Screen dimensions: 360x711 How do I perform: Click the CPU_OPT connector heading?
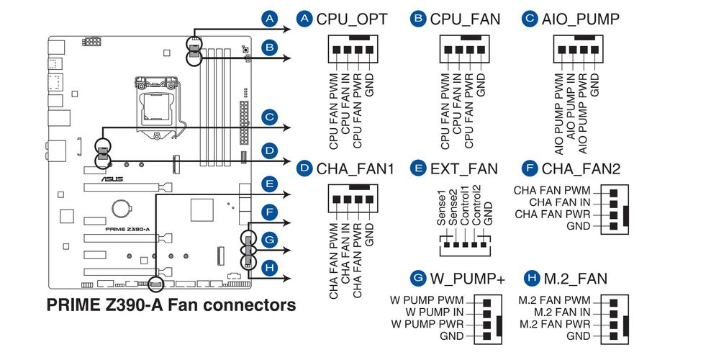pyautogui.click(x=351, y=19)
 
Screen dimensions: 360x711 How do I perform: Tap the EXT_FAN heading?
pyautogui.click(x=463, y=169)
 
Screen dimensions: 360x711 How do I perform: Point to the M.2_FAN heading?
pyautogui.click(x=575, y=279)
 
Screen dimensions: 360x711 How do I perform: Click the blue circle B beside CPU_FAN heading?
pyautogui.click(x=417, y=19)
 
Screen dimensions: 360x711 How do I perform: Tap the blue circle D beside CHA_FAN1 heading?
pyautogui.click(x=304, y=169)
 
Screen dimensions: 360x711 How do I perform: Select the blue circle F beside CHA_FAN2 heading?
pyautogui.click(x=530, y=169)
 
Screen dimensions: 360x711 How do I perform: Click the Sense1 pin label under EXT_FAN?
pyautogui.click(x=441, y=210)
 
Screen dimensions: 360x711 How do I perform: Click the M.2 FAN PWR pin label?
pyautogui.click(x=554, y=324)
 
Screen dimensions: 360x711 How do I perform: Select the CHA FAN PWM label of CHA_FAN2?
pyautogui.click(x=553, y=191)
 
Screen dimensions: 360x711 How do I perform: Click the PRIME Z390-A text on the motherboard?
pyautogui.click(x=127, y=229)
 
